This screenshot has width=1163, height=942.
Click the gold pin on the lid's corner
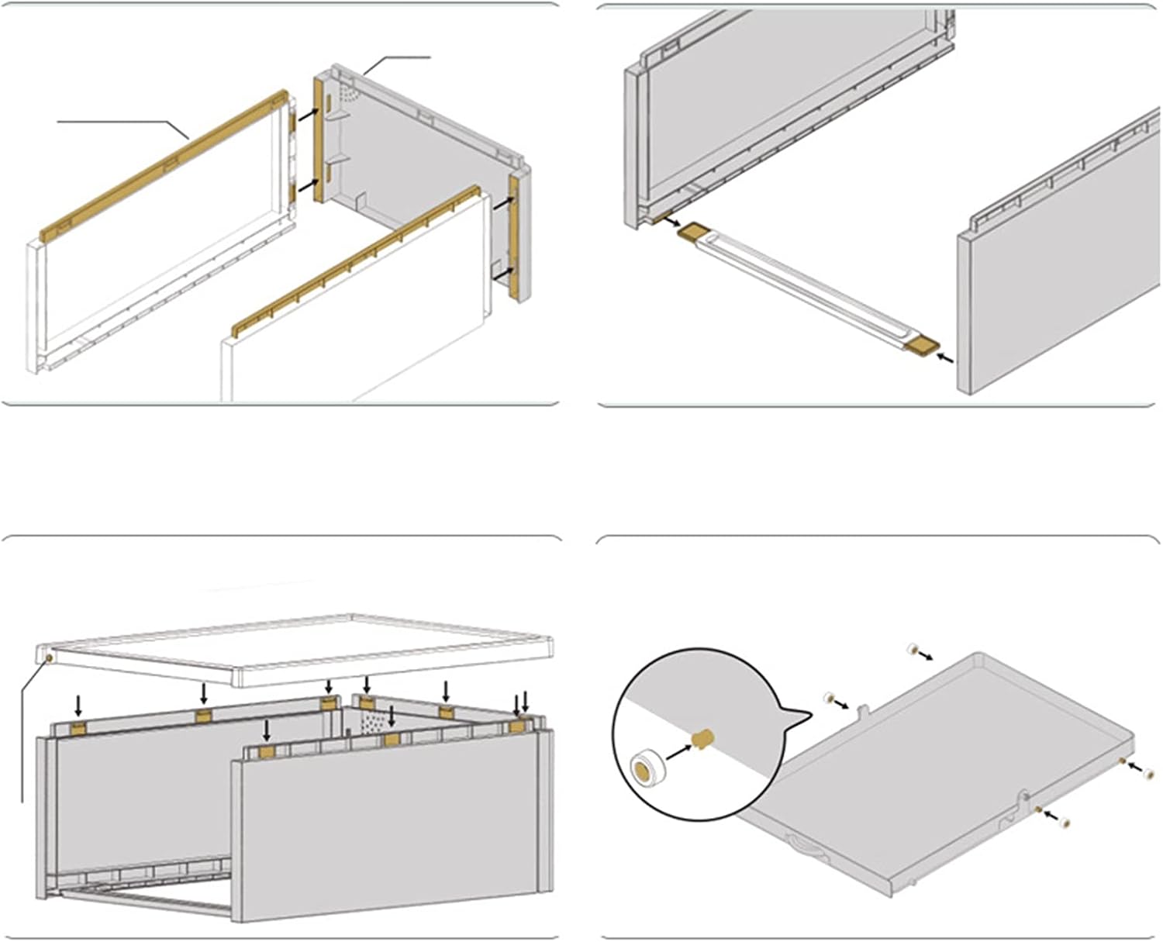pyautogui.click(x=49, y=658)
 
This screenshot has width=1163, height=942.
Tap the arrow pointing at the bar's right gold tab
pyautogui.click(x=945, y=358)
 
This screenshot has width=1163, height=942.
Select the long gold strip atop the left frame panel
pyautogui.click(x=163, y=162)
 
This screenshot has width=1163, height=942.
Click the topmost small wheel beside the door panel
pyautogui.click(x=913, y=648)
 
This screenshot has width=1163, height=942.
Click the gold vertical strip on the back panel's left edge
pyautogui.click(x=318, y=140)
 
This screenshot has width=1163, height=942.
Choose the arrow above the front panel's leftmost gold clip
pyautogui.click(x=267, y=730)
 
